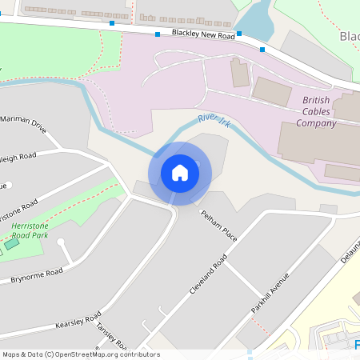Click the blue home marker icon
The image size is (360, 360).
point(180,173)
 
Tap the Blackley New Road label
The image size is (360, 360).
point(203,34)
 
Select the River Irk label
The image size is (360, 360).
point(214,119)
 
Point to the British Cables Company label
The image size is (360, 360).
point(316,111)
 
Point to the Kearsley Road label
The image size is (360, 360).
point(78,320)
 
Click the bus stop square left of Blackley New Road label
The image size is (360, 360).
point(157,34)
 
